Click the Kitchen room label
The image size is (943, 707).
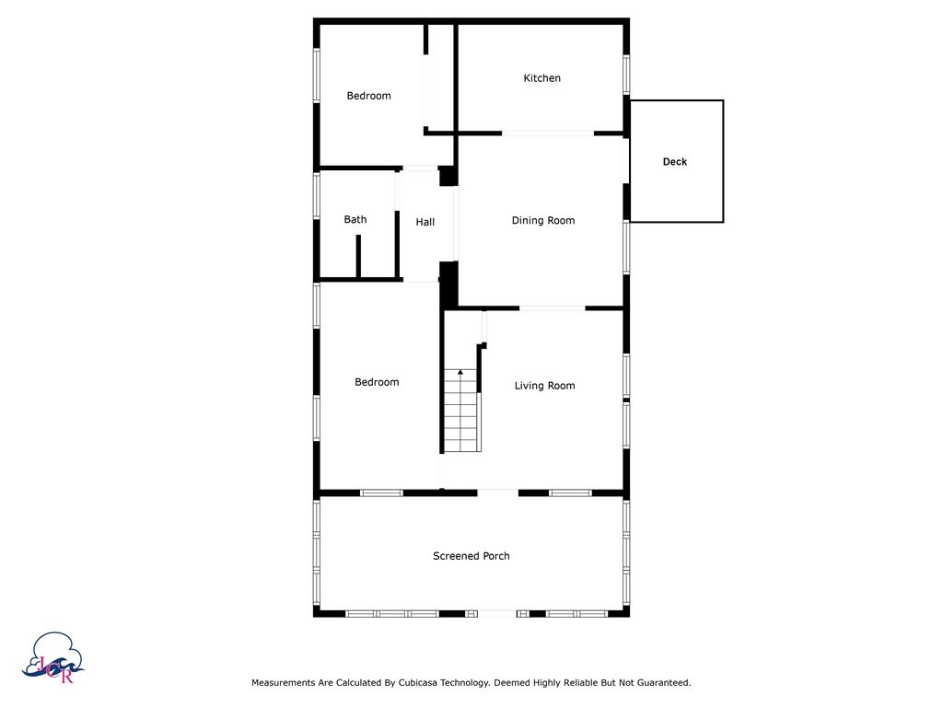click(x=541, y=78)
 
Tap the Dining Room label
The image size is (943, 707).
click(x=543, y=220)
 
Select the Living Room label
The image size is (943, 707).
click(x=544, y=386)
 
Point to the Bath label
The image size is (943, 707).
click(x=355, y=219)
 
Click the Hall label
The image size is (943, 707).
click(x=425, y=222)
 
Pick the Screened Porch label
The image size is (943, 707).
click(x=471, y=556)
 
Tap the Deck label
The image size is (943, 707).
click(x=675, y=162)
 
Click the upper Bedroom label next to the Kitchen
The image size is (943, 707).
click(x=368, y=96)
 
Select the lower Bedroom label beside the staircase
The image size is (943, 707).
click(x=377, y=382)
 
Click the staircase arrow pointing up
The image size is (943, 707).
click(x=460, y=373)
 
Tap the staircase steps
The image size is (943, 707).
click(x=460, y=414)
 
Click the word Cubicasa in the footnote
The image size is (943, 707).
click(x=424, y=683)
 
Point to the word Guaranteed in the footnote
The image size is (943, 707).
click(x=658, y=683)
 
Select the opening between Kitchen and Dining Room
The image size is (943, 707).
click(x=548, y=133)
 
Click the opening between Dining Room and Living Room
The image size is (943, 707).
click(x=553, y=307)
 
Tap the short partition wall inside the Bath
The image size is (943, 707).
click(x=358, y=256)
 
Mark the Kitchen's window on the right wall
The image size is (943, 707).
click(x=626, y=74)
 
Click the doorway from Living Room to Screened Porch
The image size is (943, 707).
click(x=497, y=493)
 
